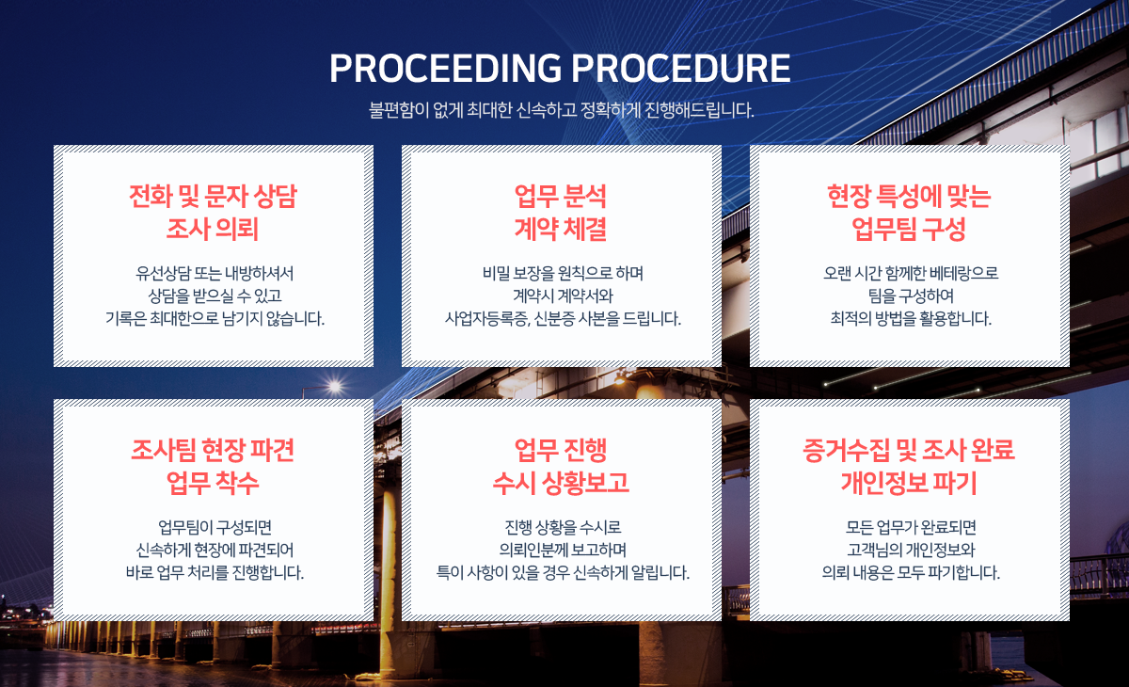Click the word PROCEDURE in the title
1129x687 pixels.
pos(681,68)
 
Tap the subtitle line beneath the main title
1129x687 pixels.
pos(561,110)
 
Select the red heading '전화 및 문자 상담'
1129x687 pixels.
pos(214,196)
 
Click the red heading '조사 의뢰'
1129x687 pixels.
pos(213,230)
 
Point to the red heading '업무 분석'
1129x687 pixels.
pos(561,196)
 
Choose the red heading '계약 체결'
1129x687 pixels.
pos(561,230)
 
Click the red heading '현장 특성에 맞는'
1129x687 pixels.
pos(909,196)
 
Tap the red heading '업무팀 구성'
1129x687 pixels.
pos(909,230)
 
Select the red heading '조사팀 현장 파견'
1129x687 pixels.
pos(213,450)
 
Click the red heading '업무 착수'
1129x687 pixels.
pos(213,484)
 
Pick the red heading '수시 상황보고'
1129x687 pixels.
pos(561,484)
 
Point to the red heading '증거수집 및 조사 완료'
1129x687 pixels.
pos(909,450)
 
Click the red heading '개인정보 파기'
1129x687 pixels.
pos(909,484)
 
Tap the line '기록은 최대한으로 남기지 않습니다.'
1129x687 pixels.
pos(215,318)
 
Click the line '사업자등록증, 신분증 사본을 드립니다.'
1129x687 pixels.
pos(563,318)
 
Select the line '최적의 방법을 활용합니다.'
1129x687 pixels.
pos(911,318)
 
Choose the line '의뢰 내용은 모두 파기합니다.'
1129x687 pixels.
pos(911,572)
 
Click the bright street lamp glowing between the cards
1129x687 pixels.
pos(334,387)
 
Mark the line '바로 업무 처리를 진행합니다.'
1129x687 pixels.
pos(215,572)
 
